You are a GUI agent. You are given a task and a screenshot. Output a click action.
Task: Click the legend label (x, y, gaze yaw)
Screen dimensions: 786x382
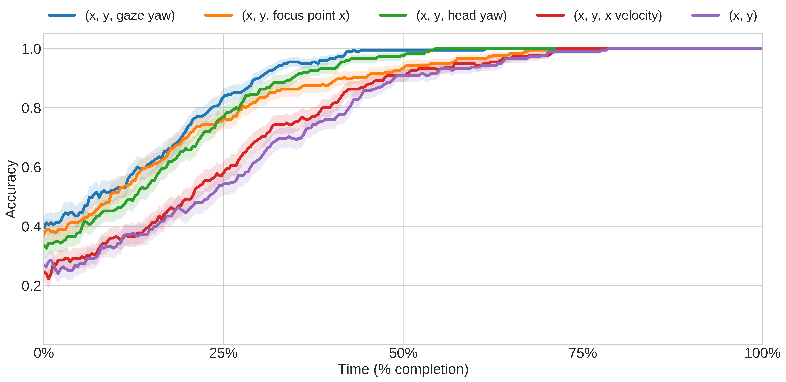[x=130, y=16]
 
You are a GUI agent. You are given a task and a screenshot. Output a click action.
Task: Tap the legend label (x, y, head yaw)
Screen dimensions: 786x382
[x=461, y=16]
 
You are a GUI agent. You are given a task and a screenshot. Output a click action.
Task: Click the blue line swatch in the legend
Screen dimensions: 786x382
[x=62, y=15]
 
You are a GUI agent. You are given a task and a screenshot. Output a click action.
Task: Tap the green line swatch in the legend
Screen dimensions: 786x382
[x=393, y=15]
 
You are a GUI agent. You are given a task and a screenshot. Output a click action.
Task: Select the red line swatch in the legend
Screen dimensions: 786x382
[x=550, y=15]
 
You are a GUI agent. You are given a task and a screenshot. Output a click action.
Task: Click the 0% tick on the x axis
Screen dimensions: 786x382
[x=44, y=353]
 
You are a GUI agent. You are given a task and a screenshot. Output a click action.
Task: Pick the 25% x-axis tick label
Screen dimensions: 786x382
[x=223, y=353]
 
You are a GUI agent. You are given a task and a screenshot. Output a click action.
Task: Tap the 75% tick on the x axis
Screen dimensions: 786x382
[x=583, y=353]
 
